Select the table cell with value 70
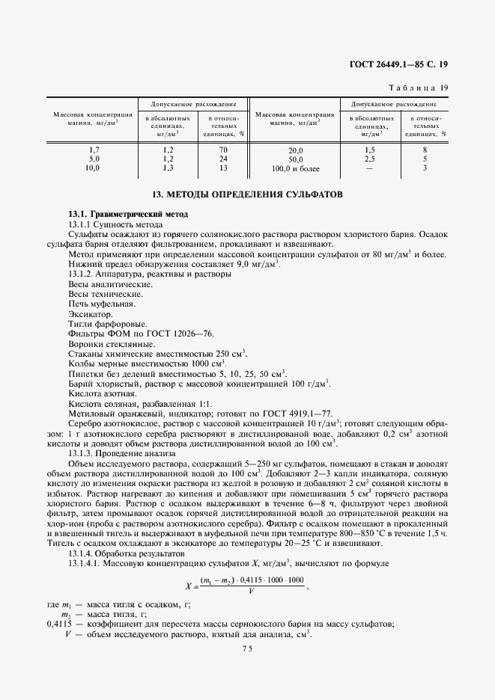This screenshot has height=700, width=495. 223,150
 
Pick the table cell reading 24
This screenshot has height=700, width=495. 223,159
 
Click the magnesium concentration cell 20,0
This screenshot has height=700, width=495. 296,150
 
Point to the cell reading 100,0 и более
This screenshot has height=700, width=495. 296,169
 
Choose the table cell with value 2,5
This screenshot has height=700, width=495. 369,159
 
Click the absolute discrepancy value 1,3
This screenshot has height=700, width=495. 168,168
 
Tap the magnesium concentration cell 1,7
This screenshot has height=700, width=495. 94,150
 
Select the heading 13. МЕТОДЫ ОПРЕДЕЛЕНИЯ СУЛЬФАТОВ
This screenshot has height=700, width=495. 247,194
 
